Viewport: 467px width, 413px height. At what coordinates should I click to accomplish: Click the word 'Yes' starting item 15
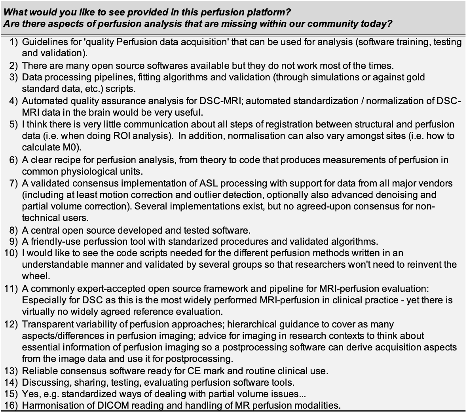pos(30,394)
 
